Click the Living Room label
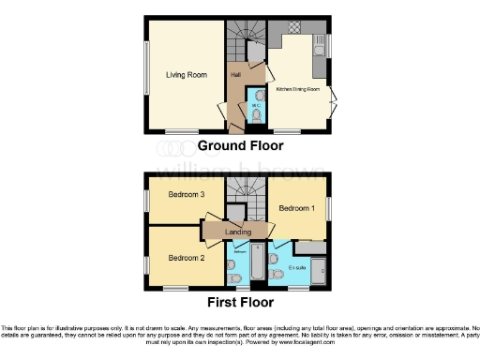186,74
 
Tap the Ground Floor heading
240,146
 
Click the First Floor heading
240,303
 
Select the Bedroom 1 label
296,208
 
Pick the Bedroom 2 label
186,257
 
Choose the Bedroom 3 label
186,195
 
